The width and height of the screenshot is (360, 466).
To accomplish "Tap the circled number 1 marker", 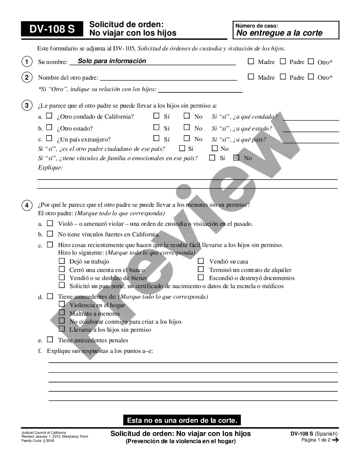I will pos(27,62).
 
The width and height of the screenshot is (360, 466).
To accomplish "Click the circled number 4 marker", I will pos(27,205).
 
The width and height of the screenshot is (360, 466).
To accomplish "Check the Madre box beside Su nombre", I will pos(251,61).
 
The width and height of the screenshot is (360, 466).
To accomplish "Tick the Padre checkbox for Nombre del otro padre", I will pos(283,77).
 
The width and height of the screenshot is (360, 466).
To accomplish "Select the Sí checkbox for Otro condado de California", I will pos(156,116).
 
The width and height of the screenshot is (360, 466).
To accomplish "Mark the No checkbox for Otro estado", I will pos(187,127).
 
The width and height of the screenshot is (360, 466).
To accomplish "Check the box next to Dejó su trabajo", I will pos(61,261).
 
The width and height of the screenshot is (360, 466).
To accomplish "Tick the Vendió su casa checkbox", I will pos(201,261).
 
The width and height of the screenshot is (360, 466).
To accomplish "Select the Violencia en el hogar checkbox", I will pos(61,304).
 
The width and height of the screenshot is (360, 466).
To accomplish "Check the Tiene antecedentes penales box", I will pos(50,339).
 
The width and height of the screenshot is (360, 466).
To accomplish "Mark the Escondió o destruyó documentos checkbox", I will pos(201,277).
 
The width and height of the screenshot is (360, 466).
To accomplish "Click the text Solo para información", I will pos(112,61).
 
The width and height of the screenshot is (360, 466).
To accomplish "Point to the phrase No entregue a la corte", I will pos(279,33).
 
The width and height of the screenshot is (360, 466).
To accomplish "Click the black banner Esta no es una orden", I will pos(183,420).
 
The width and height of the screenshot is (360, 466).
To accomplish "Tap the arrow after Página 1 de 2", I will pos(335,440).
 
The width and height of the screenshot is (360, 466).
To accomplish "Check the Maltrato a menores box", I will pos(61,313).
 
